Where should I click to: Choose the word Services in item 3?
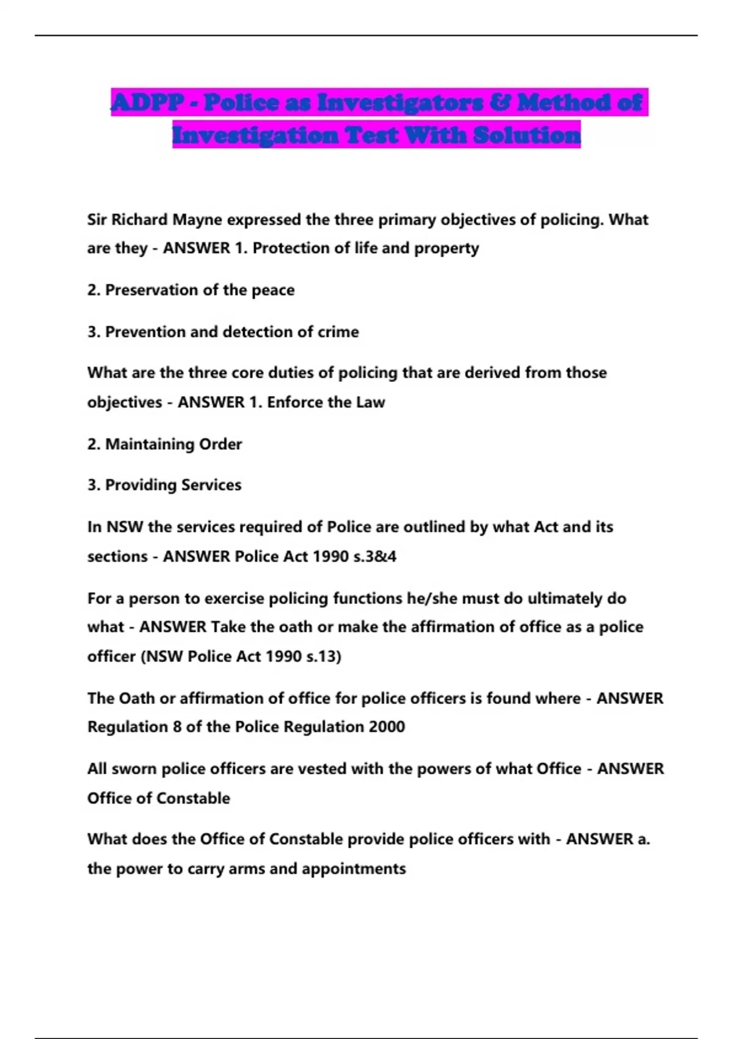coord(211,485)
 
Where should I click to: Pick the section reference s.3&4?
coord(375,557)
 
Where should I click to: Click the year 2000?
coord(387,727)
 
